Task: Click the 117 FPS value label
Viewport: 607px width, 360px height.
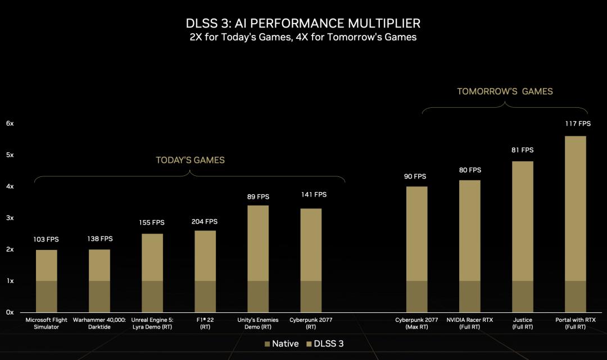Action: point(578,124)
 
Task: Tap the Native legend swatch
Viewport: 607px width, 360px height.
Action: point(267,344)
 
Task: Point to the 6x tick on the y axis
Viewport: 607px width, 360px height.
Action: point(10,123)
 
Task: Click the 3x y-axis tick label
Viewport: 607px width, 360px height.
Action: point(10,217)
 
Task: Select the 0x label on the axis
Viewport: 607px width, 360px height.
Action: point(10,312)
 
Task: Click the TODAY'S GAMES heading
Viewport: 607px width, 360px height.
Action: point(190,160)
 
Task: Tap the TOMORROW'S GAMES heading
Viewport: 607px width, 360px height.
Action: point(505,91)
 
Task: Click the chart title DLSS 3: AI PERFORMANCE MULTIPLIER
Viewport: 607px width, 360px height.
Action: point(303,24)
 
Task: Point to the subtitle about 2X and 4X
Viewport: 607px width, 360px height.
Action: point(303,37)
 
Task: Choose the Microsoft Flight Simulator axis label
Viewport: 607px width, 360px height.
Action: point(47,323)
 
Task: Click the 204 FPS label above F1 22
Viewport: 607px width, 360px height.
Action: point(205,221)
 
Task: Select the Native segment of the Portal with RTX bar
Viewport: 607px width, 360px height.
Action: point(575,296)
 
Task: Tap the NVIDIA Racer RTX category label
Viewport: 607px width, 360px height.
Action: point(470,323)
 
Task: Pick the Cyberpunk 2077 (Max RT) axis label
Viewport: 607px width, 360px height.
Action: point(416,323)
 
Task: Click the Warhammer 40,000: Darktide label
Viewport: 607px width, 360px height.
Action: point(99,323)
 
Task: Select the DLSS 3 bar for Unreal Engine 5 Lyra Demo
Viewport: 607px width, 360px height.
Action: point(152,257)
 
